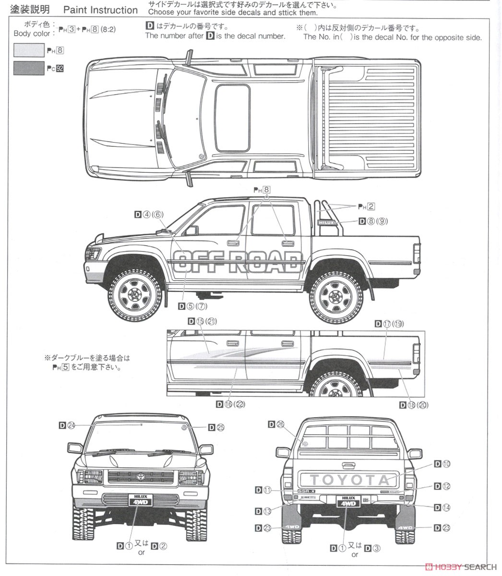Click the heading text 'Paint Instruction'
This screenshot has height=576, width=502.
[100, 10]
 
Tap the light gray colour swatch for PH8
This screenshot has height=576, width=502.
[29, 50]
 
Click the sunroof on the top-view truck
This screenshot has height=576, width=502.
[232, 118]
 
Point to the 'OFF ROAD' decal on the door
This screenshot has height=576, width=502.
[238, 263]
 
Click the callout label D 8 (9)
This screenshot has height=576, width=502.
[373, 221]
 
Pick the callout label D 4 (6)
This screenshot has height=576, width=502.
[149, 215]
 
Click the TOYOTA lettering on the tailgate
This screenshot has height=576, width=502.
[349, 480]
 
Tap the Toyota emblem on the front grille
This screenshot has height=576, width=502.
[141, 478]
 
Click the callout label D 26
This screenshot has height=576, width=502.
[276, 424]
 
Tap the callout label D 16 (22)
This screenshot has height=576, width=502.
[230, 404]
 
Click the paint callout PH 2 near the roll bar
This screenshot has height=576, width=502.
[366, 206]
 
